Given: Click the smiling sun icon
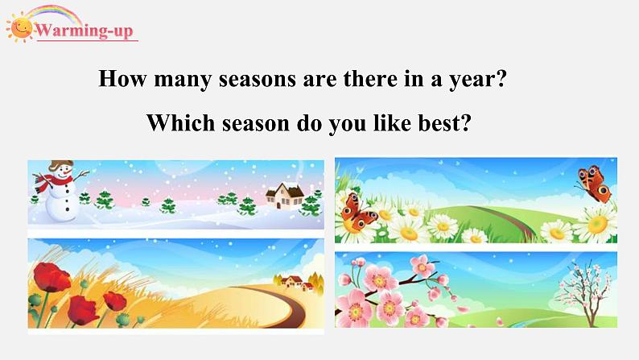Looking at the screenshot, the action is pos(20,27).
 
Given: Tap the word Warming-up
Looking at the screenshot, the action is pos(85,31).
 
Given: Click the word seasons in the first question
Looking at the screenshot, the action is pos(258,78).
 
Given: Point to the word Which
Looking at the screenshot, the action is pos(180,122).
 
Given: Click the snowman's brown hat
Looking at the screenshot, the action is pos(61,165).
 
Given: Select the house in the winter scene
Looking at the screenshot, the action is pos(285,196).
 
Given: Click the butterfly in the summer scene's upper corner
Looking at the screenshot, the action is pos(594,184).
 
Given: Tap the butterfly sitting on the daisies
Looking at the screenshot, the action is pos(358,212).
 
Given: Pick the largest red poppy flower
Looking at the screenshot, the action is pos(52,278).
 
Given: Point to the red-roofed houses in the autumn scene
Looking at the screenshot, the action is pos(294,282).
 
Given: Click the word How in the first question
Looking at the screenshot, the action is pos(122,78).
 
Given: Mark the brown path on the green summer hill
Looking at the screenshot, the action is pos(510,222).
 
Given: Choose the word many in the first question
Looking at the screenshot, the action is pos(183,79).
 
